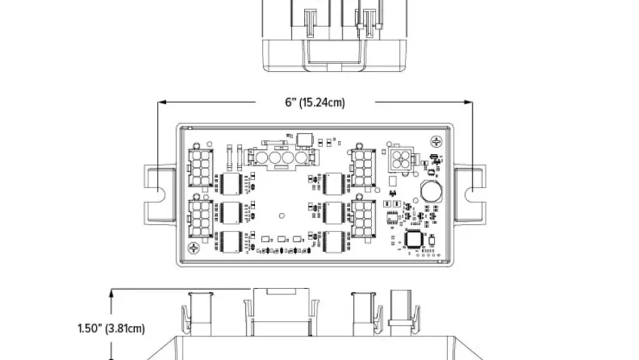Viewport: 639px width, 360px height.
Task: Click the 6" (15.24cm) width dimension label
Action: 315,102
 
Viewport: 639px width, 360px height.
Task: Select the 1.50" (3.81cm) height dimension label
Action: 111,329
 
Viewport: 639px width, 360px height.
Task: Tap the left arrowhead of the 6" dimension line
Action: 162,102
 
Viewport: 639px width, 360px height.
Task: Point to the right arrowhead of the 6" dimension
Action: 469,102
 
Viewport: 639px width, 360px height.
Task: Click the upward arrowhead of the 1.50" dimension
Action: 111,293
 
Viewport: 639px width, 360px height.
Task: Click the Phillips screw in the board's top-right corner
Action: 437,142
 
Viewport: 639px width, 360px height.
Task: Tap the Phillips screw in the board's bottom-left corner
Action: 194,248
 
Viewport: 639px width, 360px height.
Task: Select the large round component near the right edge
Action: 430,191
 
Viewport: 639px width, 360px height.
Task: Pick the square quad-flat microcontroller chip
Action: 414,239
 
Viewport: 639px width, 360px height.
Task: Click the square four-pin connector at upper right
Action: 400,158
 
